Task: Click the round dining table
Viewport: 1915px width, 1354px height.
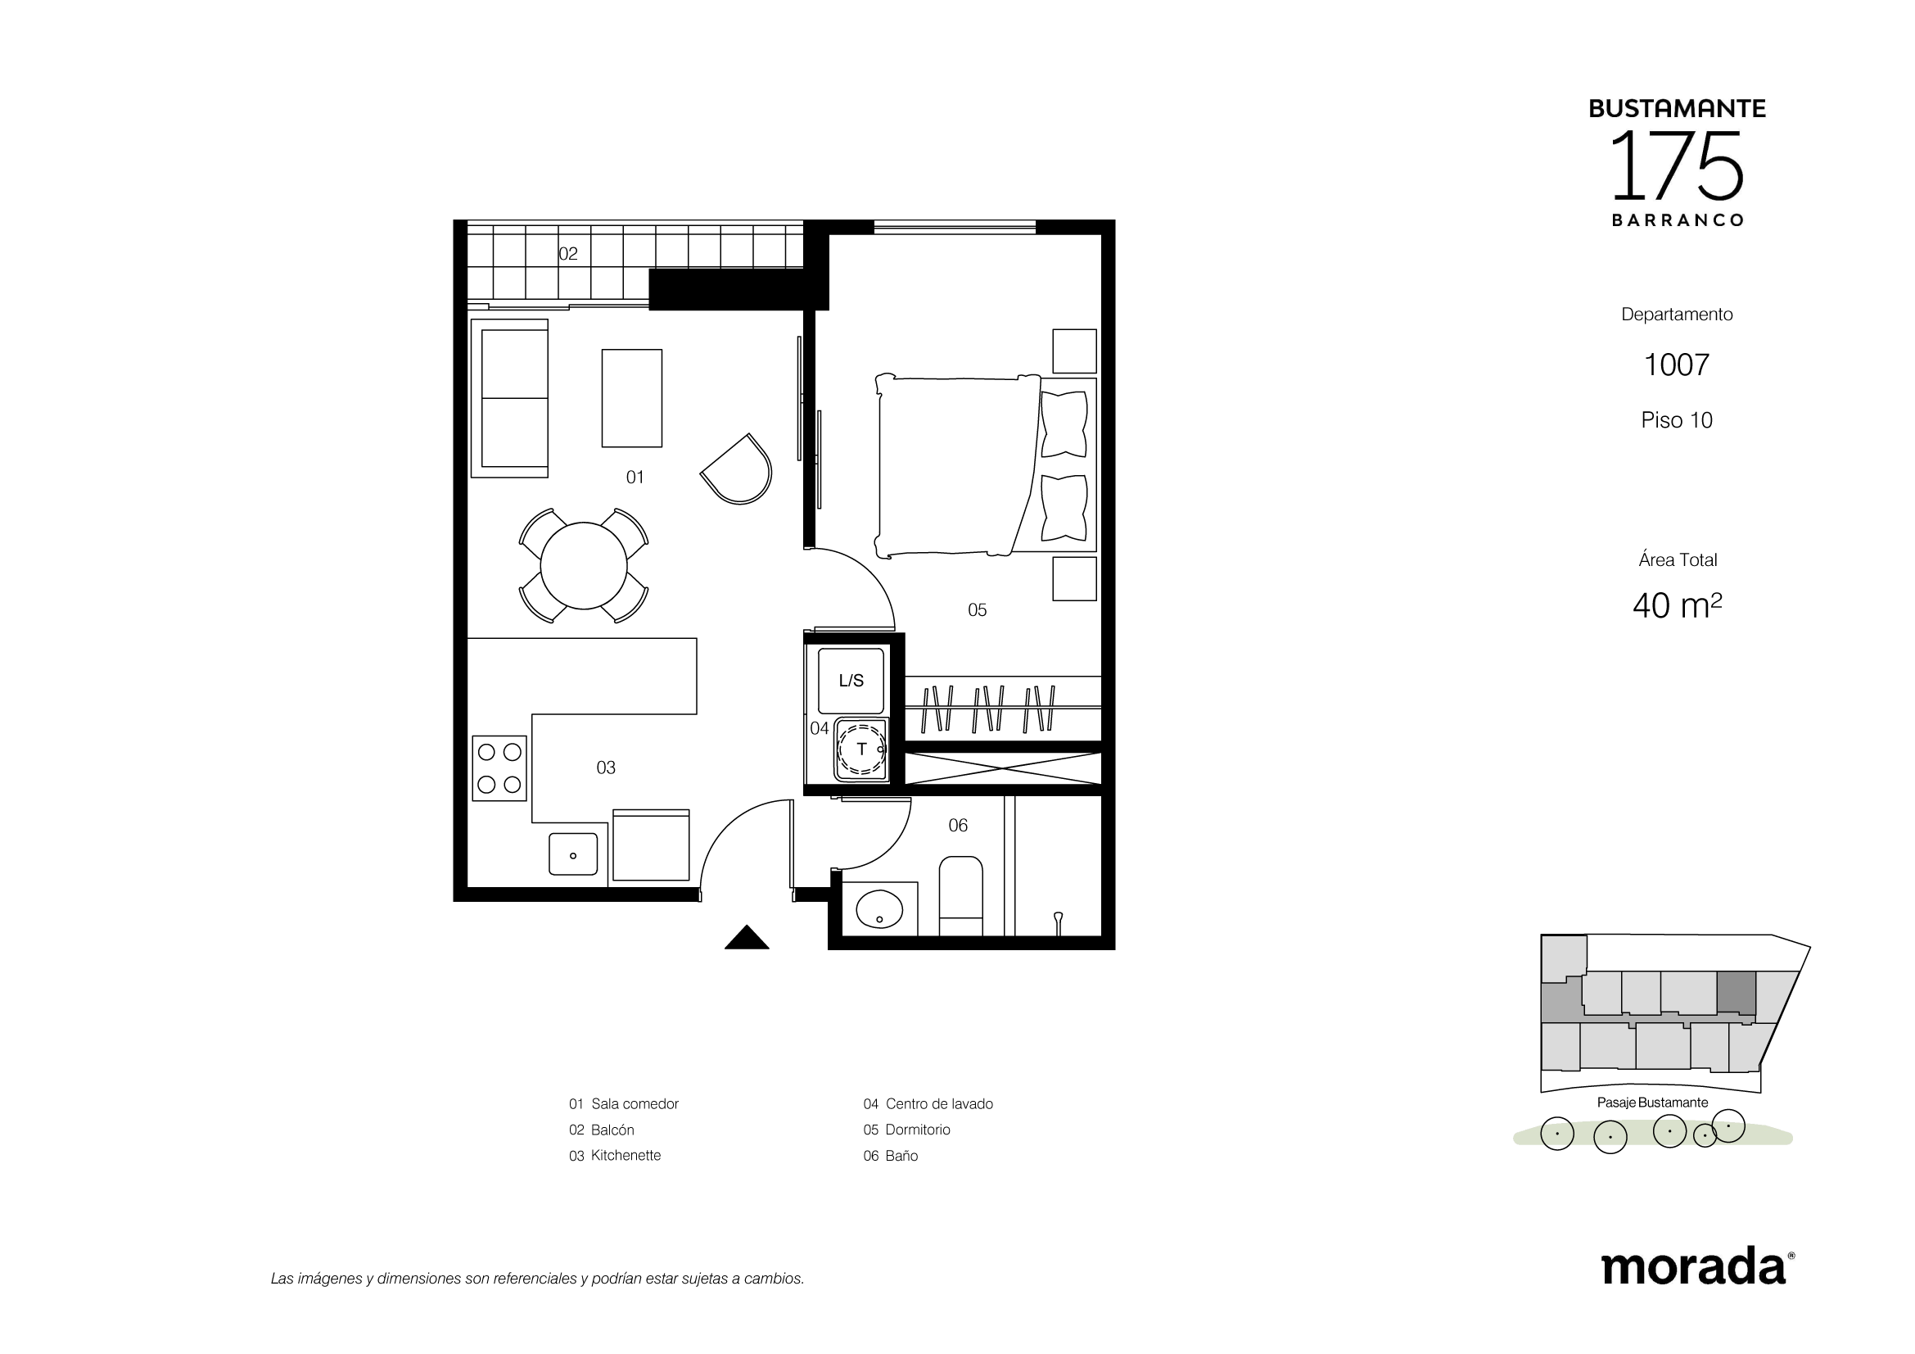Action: [584, 566]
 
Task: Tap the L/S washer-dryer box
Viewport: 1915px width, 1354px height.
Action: [851, 680]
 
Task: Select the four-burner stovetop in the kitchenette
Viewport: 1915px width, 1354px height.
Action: [499, 768]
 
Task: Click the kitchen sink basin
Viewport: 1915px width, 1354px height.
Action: [573, 854]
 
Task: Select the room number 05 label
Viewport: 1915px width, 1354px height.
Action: [977, 610]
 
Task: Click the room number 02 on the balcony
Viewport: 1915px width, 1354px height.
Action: [568, 254]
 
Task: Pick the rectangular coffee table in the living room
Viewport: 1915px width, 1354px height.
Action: [632, 398]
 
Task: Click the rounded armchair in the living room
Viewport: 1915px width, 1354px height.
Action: [738, 469]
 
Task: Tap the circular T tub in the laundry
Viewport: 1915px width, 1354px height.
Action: [860, 749]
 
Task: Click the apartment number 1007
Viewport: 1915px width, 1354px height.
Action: [1677, 365]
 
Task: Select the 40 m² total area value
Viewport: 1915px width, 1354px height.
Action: [1678, 605]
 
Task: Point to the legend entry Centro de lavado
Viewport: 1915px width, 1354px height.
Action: [928, 1103]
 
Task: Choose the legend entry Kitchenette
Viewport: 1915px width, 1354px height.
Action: [615, 1156]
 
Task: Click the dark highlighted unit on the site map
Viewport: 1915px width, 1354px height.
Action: [1737, 993]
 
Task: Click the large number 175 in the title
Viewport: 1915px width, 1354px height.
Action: [1677, 165]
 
